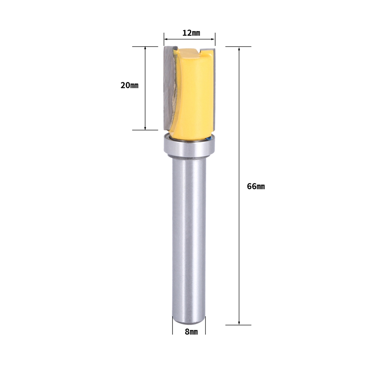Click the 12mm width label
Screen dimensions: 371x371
(191, 33)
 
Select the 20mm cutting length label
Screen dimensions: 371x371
(129, 85)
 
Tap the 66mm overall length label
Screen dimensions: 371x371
(256, 187)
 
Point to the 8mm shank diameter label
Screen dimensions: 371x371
(191, 332)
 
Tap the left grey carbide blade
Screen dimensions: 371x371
(170, 88)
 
